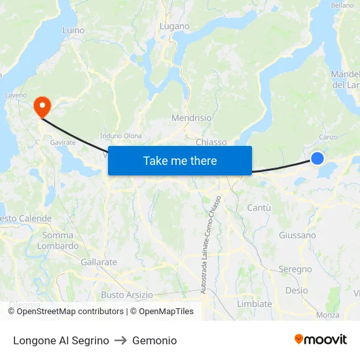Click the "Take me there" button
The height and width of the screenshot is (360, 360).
[180, 161]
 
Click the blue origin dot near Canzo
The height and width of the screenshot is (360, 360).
[317, 158]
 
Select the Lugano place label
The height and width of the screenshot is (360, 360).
[175, 27]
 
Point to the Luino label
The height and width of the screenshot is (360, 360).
[73, 30]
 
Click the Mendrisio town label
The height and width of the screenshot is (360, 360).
[191, 118]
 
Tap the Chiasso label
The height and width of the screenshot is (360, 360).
[211, 142]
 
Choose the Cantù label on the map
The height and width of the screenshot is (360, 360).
[259, 207]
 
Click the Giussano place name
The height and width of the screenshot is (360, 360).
[297, 235]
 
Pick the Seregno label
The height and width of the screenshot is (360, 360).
[295, 269]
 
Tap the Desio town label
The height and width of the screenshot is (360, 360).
[297, 291]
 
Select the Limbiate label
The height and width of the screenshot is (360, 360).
[254, 304]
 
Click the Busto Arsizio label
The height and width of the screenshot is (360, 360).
[127, 295]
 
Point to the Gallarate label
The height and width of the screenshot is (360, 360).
[99, 262]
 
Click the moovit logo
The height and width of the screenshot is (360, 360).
[320, 340]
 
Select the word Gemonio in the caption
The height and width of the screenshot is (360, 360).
[154, 340]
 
